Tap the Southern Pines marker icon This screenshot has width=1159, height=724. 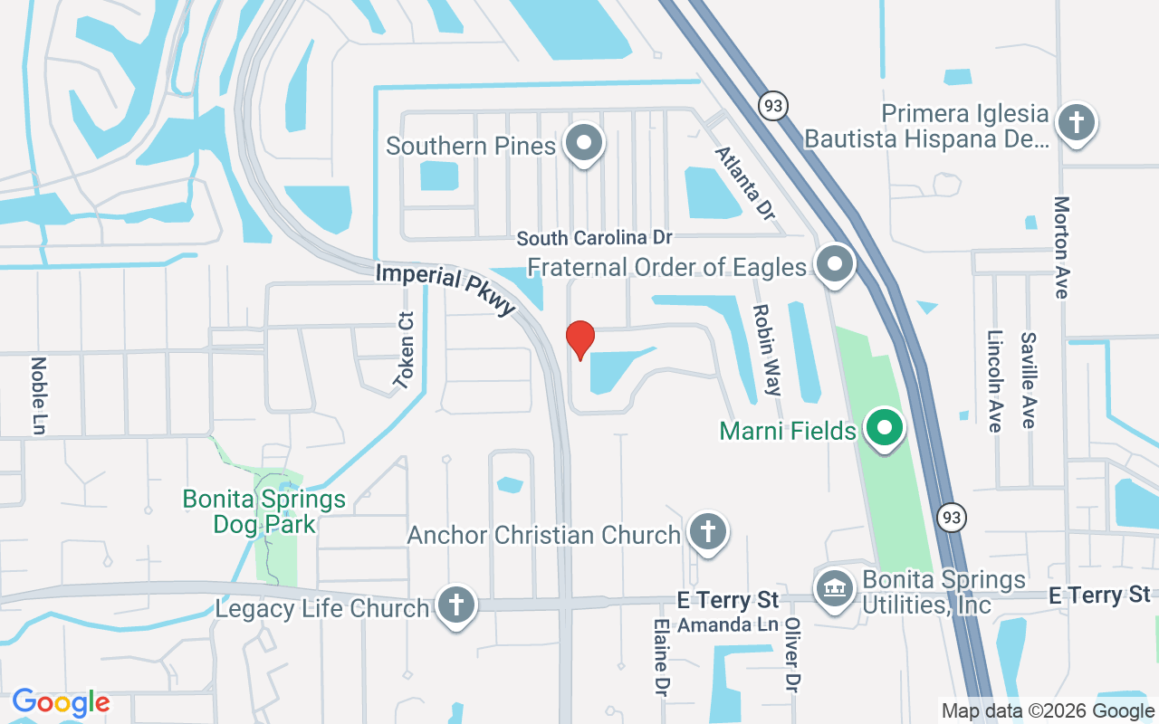pyautogui.click(x=584, y=144)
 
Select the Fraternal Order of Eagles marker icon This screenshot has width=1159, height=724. pyautogui.click(x=835, y=265)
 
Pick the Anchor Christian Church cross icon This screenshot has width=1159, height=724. pyautogui.click(x=707, y=532)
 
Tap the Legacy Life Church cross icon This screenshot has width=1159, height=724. pyautogui.click(x=455, y=605)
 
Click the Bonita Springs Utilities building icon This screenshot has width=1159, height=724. pyautogui.click(x=834, y=589)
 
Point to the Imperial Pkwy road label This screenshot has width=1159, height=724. pyautogui.click(x=445, y=288)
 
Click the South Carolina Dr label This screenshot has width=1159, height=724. pyautogui.click(x=594, y=238)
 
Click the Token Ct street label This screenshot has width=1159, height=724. pyautogui.click(x=404, y=350)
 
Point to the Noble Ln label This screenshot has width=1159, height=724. pyautogui.click(x=38, y=395)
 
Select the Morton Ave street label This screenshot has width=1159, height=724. pyautogui.click(x=1062, y=246)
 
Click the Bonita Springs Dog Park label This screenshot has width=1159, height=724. pyautogui.click(x=264, y=511)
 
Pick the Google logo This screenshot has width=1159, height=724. pyautogui.click(x=61, y=702)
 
